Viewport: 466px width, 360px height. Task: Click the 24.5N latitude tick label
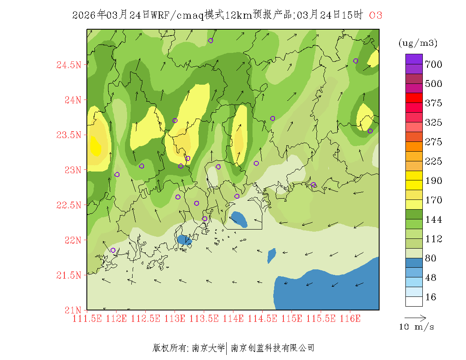click(68, 65)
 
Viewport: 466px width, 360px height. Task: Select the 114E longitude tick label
click(233, 318)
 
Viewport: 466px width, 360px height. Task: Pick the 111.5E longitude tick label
click(87, 318)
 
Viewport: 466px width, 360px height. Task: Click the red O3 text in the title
click(375, 15)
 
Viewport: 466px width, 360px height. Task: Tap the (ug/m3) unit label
click(418, 43)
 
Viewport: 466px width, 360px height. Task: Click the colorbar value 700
click(434, 64)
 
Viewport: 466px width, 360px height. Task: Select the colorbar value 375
click(434, 103)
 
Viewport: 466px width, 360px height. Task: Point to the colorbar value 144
click(434, 220)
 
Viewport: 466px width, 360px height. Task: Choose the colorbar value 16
click(430, 297)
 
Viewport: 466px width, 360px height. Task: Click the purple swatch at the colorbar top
click(414, 59)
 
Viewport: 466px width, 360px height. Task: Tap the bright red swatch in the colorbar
click(414, 98)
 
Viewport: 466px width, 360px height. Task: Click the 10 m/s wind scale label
click(417, 327)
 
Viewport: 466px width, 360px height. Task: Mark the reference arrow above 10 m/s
click(415, 317)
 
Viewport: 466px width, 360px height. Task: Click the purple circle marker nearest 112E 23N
click(117, 174)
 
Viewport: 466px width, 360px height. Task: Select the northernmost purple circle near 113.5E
click(211, 41)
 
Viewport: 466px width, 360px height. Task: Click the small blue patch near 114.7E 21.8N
click(272, 255)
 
